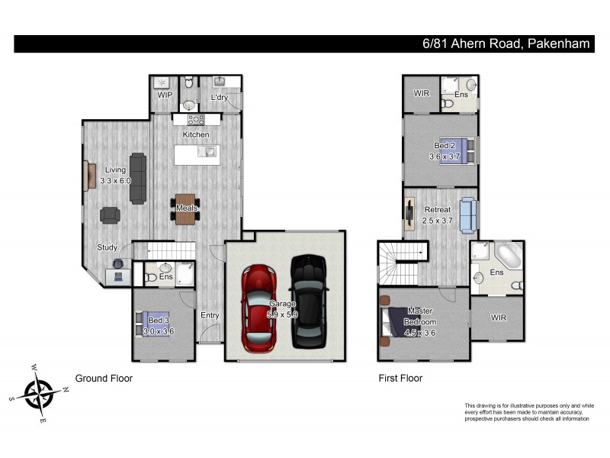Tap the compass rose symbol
[x=38, y=395]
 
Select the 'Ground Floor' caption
[x=104, y=378]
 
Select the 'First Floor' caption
[x=400, y=378]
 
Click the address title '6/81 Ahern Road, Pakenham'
[x=507, y=44]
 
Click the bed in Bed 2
[x=452, y=150]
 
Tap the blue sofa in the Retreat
[x=467, y=213]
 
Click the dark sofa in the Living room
[x=138, y=178]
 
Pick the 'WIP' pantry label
[x=164, y=95]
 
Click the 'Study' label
[x=107, y=247]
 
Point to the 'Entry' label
[x=210, y=315]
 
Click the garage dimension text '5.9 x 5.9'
[x=282, y=314]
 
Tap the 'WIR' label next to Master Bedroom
[x=498, y=318]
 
